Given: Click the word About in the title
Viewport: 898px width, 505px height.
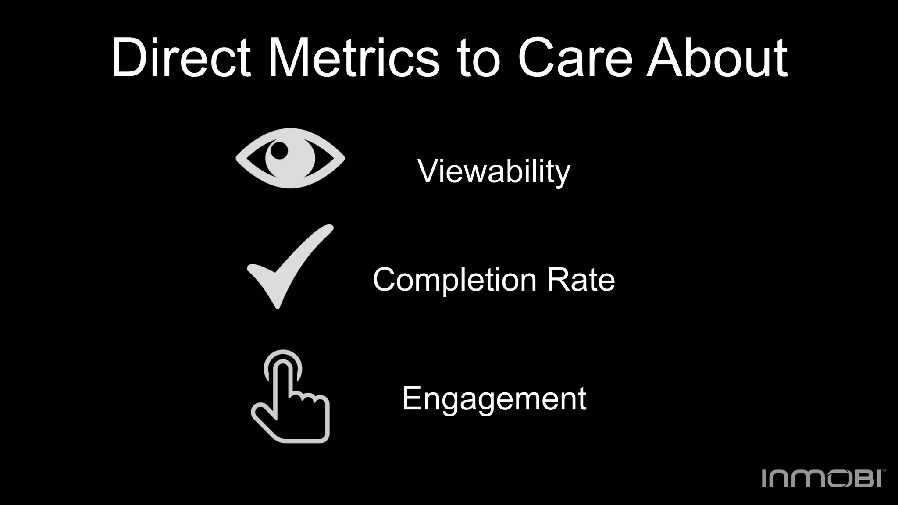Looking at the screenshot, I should click(717, 58).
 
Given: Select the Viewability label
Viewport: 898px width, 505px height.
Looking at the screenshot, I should click(494, 171).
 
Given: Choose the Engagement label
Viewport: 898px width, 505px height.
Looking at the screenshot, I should click(494, 399).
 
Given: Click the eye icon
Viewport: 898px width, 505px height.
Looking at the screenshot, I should click(290, 158).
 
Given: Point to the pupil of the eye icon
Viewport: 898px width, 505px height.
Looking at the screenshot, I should click(279, 151).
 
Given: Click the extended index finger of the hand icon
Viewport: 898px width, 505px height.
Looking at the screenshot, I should click(283, 377).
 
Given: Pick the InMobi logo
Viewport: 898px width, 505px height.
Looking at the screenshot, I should click(823, 478).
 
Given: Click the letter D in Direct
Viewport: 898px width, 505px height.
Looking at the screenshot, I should click(130, 58).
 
